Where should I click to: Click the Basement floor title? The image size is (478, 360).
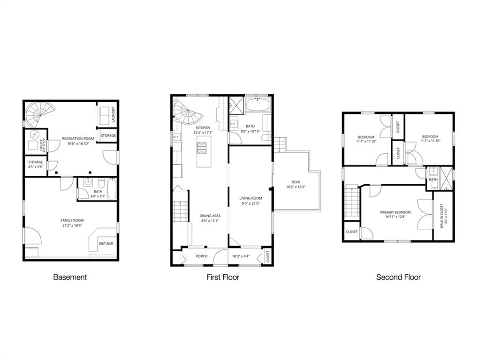click(70, 277)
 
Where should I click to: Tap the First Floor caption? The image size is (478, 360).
click(223, 277)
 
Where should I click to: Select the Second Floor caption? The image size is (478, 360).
click(398, 277)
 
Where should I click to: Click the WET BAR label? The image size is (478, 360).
click(105, 244)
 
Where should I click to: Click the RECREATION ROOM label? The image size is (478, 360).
click(78, 139)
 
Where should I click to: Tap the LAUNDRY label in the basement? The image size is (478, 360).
click(114, 114)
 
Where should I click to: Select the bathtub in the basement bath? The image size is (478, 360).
click(111, 189)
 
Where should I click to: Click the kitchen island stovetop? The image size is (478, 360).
click(202, 149)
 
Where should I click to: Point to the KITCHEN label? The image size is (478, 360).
click(203, 128)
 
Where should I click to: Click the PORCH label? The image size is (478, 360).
click(202, 256)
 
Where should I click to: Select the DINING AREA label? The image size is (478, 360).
click(210, 216)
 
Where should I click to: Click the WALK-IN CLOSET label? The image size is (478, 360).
click(441, 216)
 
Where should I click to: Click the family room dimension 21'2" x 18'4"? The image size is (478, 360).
click(71, 225)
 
